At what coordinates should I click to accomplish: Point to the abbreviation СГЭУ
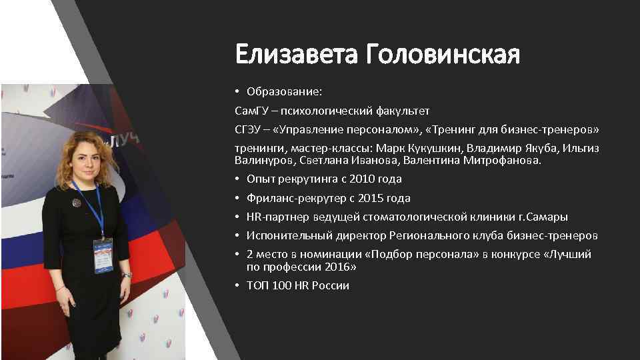(x=249, y=128)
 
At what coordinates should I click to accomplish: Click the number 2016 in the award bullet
(x=340, y=267)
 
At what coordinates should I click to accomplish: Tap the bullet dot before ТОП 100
(x=238, y=286)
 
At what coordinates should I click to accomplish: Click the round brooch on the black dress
(x=77, y=202)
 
